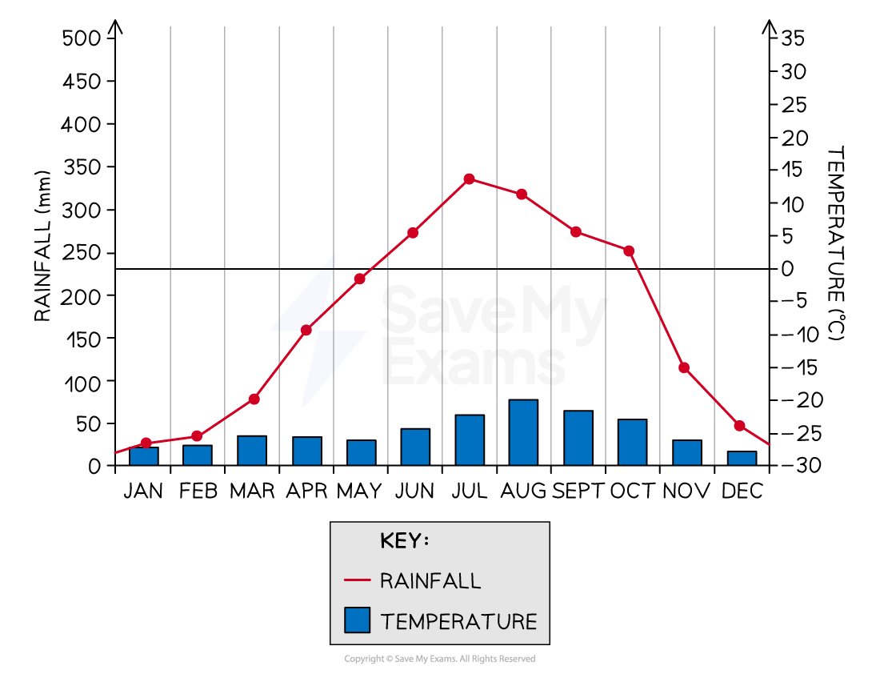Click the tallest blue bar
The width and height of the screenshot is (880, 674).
click(523, 432)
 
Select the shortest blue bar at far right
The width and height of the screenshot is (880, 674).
click(742, 458)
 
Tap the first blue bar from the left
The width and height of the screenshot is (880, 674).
click(144, 456)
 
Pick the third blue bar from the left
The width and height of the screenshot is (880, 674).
click(252, 451)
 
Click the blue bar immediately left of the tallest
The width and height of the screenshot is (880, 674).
click(470, 440)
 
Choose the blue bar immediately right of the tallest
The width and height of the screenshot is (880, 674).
click(578, 438)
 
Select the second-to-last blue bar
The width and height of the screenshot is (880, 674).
click(687, 452)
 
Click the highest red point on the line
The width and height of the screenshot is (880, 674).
click(470, 179)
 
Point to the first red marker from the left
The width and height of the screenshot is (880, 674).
click(146, 443)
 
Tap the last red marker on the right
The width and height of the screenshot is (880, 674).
click(740, 425)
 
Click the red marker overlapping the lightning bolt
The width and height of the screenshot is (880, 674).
click(306, 330)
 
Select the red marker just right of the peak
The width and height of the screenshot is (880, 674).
click(522, 194)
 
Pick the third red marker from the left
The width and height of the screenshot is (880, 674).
click(254, 399)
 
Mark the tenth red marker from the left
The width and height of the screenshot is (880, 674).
click(630, 251)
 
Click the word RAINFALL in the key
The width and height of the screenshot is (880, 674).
click(430, 580)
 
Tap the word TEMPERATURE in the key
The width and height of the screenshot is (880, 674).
click(458, 621)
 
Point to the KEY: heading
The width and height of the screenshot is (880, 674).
click(404, 541)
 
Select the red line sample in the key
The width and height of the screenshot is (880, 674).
click(357, 580)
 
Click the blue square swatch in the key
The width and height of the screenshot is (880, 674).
click(357, 620)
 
